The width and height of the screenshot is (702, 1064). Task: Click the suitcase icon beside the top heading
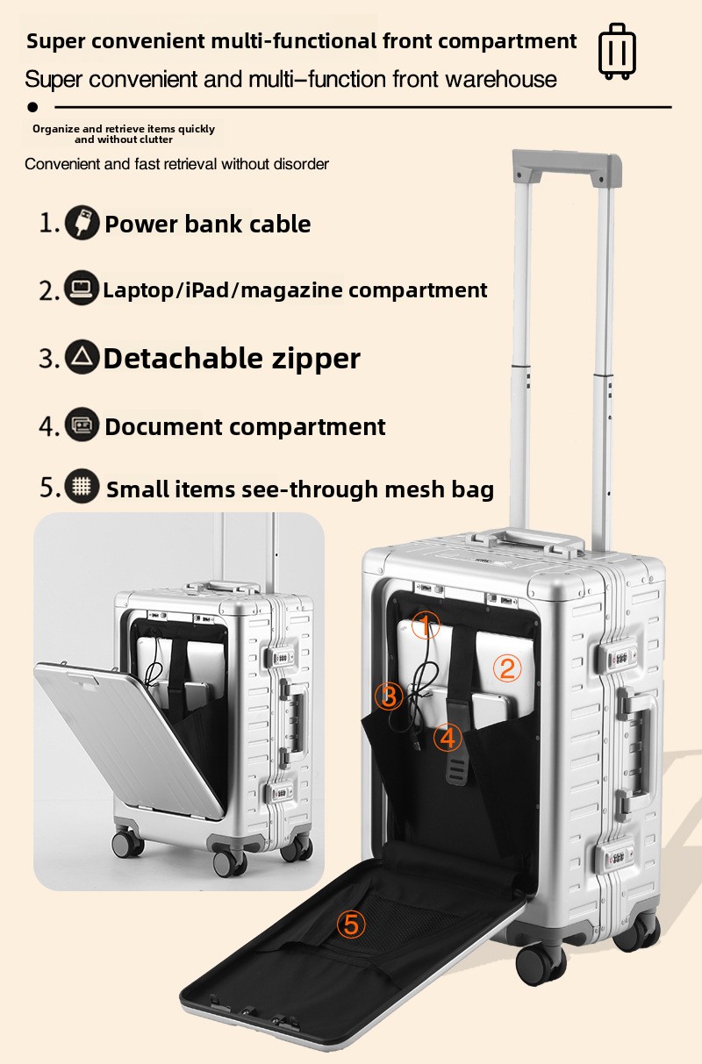(x=617, y=51)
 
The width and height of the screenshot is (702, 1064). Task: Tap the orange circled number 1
(x=426, y=625)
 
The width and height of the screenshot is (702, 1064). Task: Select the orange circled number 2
(x=507, y=668)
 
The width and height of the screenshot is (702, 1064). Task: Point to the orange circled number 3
(x=389, y=696)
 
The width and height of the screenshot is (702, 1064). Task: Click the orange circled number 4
(x=448, y=738)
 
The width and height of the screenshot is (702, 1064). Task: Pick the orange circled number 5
(x=351, y=925)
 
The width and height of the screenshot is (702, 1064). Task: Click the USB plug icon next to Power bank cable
(x=82, y=222)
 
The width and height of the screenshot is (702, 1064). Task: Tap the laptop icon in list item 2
(x=82, y=288)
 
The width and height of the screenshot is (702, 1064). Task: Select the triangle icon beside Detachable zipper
(x=82, y=357)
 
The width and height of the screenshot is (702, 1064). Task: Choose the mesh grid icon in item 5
(x=82, y=485)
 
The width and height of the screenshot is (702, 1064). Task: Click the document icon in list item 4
(x=82, y=425)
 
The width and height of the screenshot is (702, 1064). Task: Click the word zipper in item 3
(x=316, y=360)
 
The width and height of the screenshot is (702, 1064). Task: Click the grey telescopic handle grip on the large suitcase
(x=567, y=167)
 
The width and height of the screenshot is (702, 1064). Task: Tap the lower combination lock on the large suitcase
(x=615, y=857)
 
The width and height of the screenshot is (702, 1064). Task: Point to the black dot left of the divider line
(x=32, y=107)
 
